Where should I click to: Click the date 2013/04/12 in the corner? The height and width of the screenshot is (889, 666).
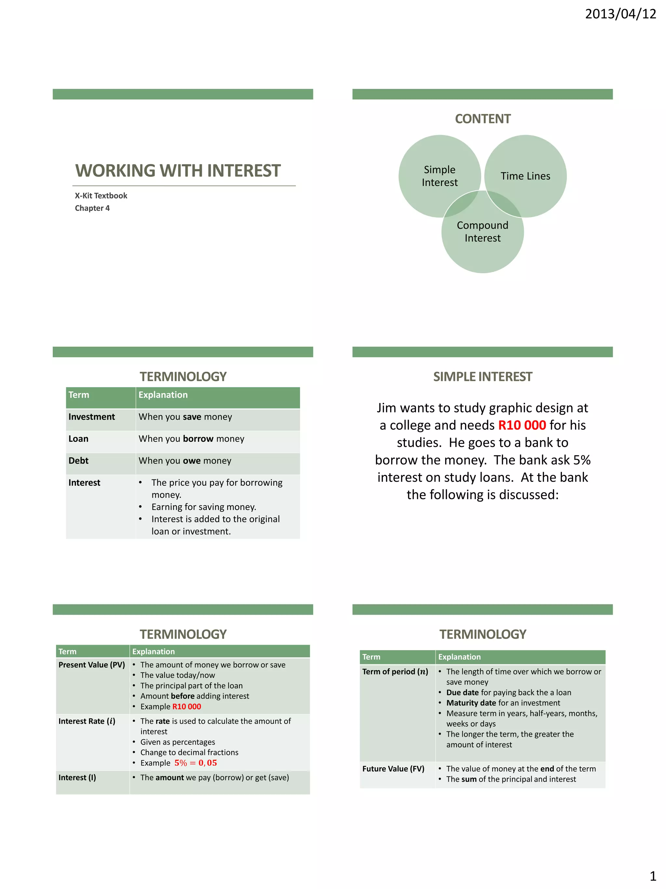tap(620, 14)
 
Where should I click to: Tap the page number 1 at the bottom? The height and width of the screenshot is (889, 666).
tap(653, 876)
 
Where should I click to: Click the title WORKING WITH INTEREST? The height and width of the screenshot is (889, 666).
tap(178, 171)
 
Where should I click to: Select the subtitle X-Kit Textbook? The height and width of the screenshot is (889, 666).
tap(101, 196)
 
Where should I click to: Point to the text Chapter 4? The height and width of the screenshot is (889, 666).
tap(92, 208)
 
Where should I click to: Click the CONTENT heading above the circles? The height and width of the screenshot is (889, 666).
tap(483, 119)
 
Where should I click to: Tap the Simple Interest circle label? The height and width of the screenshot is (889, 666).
tap(440, 176)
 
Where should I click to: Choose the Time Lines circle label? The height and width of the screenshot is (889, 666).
tap(525, 176)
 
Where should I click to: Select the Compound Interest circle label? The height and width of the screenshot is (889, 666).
tap(483, 231)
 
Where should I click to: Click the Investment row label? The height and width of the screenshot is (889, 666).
tap(91, 417)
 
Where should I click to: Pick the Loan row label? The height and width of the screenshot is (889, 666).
tap(78, 439)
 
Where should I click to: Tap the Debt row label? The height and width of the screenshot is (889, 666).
tap(78, 461)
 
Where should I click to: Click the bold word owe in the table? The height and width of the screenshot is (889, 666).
tap(192, 461)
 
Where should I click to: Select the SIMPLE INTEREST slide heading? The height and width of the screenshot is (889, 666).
tap(483, 377)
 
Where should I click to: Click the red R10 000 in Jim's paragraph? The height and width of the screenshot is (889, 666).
tap(522, 425)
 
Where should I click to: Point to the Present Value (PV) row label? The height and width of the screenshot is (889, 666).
tap(91, 665)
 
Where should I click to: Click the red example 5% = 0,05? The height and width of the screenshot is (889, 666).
tap(195, 763)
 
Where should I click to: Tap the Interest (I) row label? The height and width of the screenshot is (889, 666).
tap(77, 777)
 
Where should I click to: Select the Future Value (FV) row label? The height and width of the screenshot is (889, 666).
tap(393, 769)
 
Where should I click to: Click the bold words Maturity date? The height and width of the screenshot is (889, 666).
tap(471, 702)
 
